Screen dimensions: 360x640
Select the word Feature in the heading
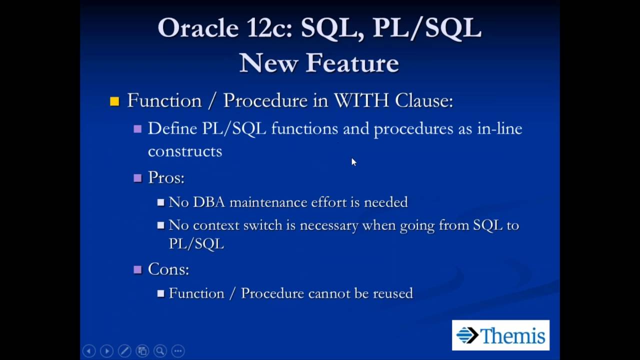coord(352,63)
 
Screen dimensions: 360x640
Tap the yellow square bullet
coord(114,101)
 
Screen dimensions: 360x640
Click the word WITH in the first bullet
coord(361,100)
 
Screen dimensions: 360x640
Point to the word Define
coord(172,128)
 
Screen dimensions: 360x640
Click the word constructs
coord(184,151)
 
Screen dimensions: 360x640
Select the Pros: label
coord(166,177)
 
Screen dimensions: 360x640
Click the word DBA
coord(208,202)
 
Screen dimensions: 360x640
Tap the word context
coord(215,225)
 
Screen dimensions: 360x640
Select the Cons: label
coord(168,269)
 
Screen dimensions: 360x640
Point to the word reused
coord(393,293)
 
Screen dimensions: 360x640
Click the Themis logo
coord(500,335)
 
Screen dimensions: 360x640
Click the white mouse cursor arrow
coord(353,161)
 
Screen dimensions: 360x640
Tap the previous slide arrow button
coord(88,351)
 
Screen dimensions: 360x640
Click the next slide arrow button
coord(106,351)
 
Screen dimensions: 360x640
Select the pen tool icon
coord(124,351)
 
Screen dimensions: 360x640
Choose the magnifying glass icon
coord(160,351)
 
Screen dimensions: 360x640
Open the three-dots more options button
coord(178,351)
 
